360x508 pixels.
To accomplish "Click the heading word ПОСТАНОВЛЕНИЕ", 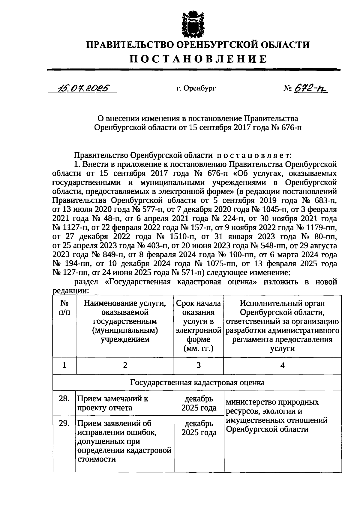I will click(x=198, y=59).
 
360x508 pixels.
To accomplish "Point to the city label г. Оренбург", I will click(x=196, y=88).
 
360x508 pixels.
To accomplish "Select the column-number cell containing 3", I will click(x=198, y=365).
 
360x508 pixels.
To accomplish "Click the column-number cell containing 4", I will click(x=282, y=365).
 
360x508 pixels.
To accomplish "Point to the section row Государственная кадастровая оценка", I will click(x=197, y=383).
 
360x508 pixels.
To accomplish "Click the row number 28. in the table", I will click(x=64, y=399).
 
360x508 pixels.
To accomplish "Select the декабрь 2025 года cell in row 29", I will click(x=199, y=428).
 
